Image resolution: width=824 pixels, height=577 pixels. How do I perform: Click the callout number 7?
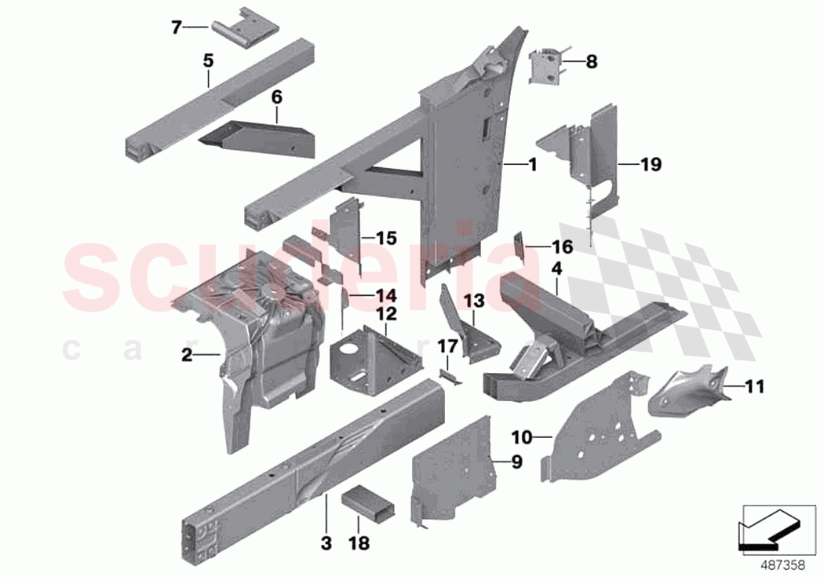coord(176,27)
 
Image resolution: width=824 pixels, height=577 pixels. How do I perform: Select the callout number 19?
coord(651,165)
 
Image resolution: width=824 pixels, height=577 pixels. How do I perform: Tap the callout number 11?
coord(754,386)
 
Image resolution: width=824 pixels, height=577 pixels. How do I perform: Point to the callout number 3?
coord(326,542)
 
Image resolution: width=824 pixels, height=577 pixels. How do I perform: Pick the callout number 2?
coord(186,356)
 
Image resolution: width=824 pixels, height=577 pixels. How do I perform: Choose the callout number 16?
coord(562,247)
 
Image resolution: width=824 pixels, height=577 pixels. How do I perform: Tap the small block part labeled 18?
coord(365,502)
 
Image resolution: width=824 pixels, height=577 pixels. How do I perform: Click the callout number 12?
coord(386,314)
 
